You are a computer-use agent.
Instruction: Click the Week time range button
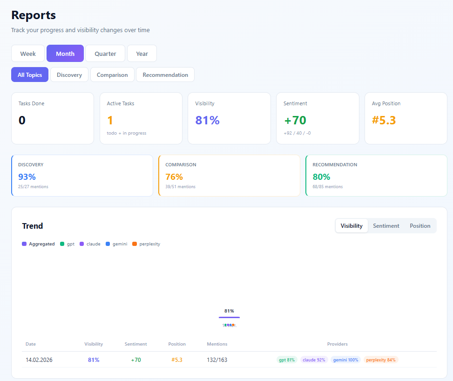click(28, 54)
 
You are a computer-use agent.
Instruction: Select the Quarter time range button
click(105, 54)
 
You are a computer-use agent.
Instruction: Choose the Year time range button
click(142, 54)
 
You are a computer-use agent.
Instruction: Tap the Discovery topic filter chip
click(69, 75)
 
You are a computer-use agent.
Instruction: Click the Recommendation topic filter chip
click(165, 75)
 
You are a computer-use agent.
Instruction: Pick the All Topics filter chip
click(30, 75)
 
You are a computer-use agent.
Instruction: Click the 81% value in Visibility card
click(207, 120)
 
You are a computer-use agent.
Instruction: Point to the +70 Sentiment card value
click(295, 120)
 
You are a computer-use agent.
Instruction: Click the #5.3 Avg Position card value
click(384, 120)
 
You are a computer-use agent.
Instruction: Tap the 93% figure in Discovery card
click(27, 177)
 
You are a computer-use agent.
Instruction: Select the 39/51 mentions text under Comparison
click(180, 187)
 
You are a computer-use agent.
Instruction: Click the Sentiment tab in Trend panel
click(386, 226)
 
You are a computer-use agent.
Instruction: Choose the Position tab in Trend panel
click(420, 226)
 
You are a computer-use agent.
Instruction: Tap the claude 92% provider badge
click(314, 360)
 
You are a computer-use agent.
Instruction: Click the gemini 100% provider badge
click(345, 360)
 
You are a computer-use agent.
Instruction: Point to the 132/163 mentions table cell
click(217, 360)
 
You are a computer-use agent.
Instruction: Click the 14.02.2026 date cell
click(39, 360)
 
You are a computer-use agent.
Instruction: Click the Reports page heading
click(34, 15)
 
